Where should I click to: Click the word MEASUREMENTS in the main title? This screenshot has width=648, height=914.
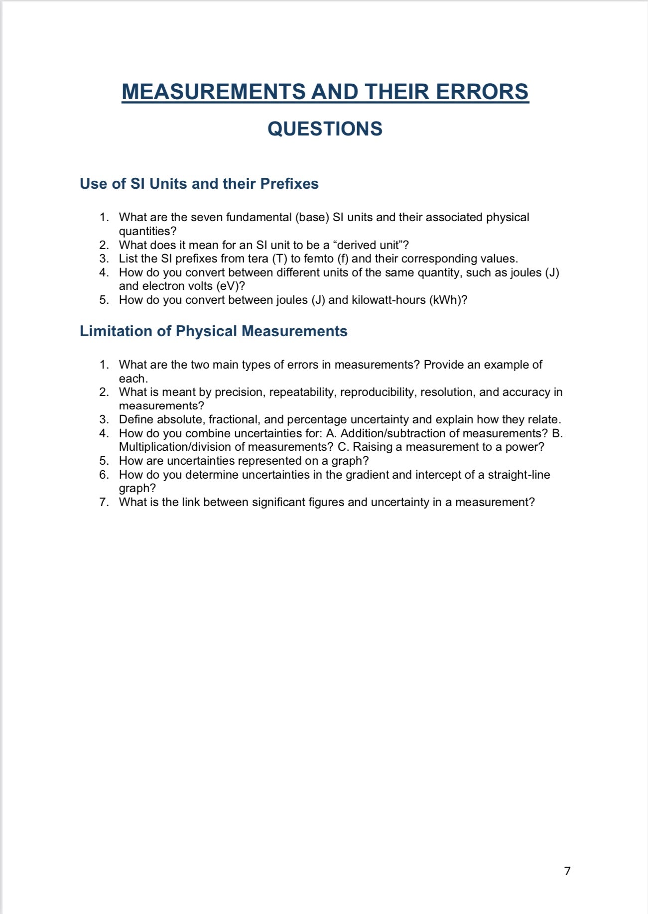tap(213, 92)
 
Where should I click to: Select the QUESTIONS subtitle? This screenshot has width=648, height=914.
tap(325, 129)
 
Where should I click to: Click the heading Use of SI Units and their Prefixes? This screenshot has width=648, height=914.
tap(199, 183)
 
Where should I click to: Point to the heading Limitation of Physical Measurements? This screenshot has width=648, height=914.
tap(213, 331)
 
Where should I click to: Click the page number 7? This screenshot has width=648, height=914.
tap(567, 871)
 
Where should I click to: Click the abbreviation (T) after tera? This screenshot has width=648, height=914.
tap(279, 259)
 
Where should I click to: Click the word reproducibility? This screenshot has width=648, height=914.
tap(378, 392)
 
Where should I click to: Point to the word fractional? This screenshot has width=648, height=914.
tap(234, 419)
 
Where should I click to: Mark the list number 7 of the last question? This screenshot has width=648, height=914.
tap(103, 502)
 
